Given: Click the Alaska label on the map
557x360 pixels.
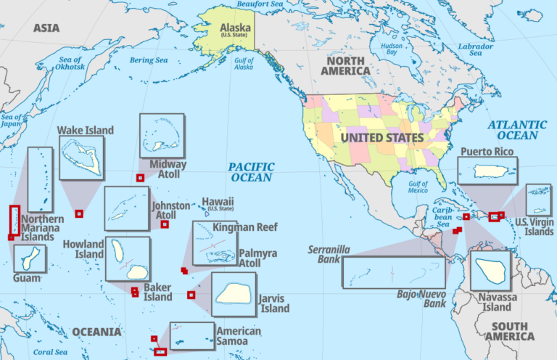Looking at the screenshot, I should pyautogui.click(x=236, y=30).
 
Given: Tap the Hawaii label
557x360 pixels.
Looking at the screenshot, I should pyautogui.click(x=218, y=202).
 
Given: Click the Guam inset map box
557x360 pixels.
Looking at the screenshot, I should pyautogui.click(x=29, y=258).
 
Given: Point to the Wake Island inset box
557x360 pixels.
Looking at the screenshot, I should pyautogui.click(x=81, y=157).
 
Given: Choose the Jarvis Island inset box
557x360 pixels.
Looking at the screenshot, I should pyautogui.click(x=234, y=293).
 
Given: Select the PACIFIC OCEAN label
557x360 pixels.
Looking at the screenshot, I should pyautogui.click(x=251, y=172).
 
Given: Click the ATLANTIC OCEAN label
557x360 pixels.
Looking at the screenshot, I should pyautogui.click(x=517, y=130).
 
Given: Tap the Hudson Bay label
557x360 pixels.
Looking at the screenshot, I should pyautogui.click(x=392, y=48).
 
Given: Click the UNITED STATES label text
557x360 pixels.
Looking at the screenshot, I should pyautogui.click(x=381, y=137).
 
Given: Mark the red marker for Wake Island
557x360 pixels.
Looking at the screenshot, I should pyautogui.click(x=79, y=213).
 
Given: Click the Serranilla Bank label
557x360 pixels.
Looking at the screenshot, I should pyautogui.click(x=329, y=253).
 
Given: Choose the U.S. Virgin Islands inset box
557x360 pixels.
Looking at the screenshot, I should pyautogui.click(x=538, y=200).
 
